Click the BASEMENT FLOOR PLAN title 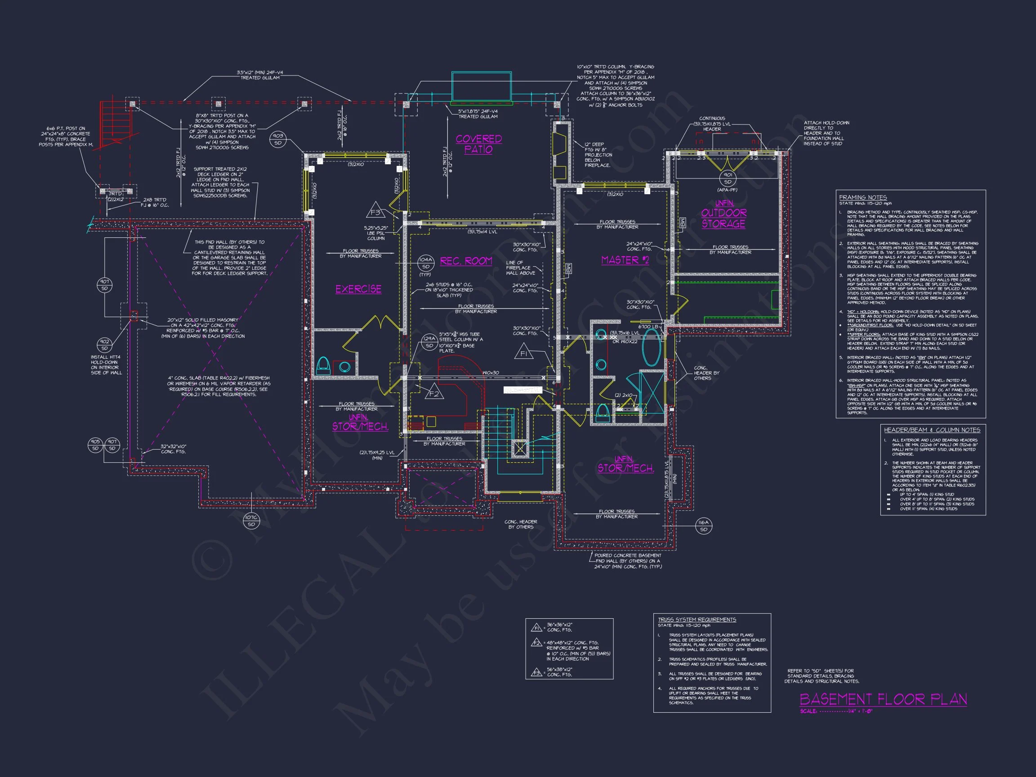[883, 699]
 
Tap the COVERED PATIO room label [479, 144]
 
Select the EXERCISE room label [358, 290]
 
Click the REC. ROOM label [466, 261]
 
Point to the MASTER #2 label [625, 260]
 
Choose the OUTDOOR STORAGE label [723, 218]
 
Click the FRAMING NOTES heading [863, 198]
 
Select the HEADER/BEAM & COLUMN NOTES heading [932, 430]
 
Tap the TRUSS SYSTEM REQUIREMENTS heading [697, 620]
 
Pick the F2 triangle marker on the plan [434, 394]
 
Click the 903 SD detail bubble [278, 139]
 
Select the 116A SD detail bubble [703, 526]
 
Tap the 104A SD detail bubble [425, 262]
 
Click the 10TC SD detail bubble [251, 521]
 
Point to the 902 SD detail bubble [104, 345]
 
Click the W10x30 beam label [491, 373]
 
